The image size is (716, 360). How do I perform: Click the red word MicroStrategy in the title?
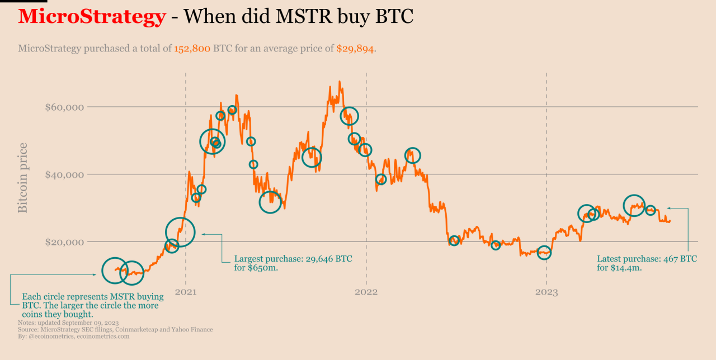92,17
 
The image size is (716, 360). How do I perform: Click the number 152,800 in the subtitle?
192,49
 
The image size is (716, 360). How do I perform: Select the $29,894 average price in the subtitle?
355,49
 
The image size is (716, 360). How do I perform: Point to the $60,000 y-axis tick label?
64,107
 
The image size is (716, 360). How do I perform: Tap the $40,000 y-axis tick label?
64,175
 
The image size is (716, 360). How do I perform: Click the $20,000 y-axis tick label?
64,243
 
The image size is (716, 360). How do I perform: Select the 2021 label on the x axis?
185,292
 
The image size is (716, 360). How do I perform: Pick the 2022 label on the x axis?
366,292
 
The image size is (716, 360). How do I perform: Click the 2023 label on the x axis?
547,292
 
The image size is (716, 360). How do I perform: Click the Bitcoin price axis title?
23,178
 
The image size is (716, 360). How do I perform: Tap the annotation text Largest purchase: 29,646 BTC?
293,259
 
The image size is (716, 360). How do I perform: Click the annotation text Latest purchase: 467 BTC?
647,259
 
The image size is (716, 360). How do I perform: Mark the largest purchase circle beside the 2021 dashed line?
180,231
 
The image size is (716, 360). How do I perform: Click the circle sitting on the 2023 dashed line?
544,253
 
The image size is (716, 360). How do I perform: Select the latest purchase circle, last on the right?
650,210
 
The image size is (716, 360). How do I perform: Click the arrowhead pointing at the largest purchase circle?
204,234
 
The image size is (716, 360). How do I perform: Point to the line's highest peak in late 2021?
339,82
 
